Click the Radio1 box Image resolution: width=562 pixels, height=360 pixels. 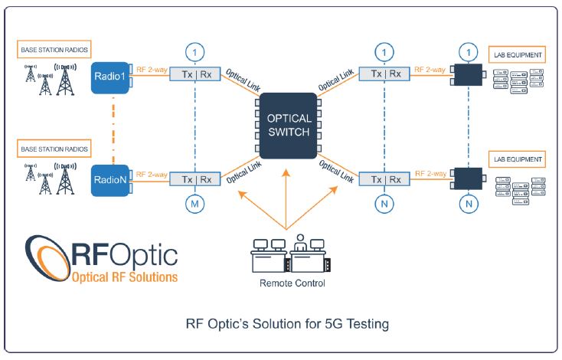click(x=110, y=77)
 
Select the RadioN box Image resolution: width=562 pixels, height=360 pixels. click(x=110, y=180)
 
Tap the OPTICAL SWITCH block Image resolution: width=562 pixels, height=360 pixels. click(x=289, y=126)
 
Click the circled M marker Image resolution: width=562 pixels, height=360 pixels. click(x=194, y=204)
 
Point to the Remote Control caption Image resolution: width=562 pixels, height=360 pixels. click(x=292, y=283)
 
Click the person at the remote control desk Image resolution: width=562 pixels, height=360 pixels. click(x=300, y=243)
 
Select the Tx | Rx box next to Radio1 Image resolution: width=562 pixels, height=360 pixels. click(x=195, y=74)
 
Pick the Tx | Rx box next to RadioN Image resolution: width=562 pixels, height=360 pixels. click(x=195, y=179)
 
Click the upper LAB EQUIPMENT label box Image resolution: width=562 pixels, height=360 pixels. click(x=517, y=55)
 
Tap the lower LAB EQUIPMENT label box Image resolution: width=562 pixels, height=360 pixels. click(x=517, y=159)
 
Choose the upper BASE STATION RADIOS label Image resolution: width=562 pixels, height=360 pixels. click(x=54, y=50)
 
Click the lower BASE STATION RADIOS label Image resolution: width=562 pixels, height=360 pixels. click(x=54, y=149)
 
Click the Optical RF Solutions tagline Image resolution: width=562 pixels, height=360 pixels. click(x=125, y=277)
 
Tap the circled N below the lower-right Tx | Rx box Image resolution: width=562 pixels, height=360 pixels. click(x=384, y=204)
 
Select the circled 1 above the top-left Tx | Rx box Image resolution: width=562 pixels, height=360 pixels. click(x=194, y=53)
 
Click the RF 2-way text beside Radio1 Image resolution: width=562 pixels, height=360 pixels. click(x=152, y=70)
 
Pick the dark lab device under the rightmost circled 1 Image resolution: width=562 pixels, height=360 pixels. click(x=469, y=74)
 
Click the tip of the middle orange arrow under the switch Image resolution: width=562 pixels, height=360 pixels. click(x=286, y=169)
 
